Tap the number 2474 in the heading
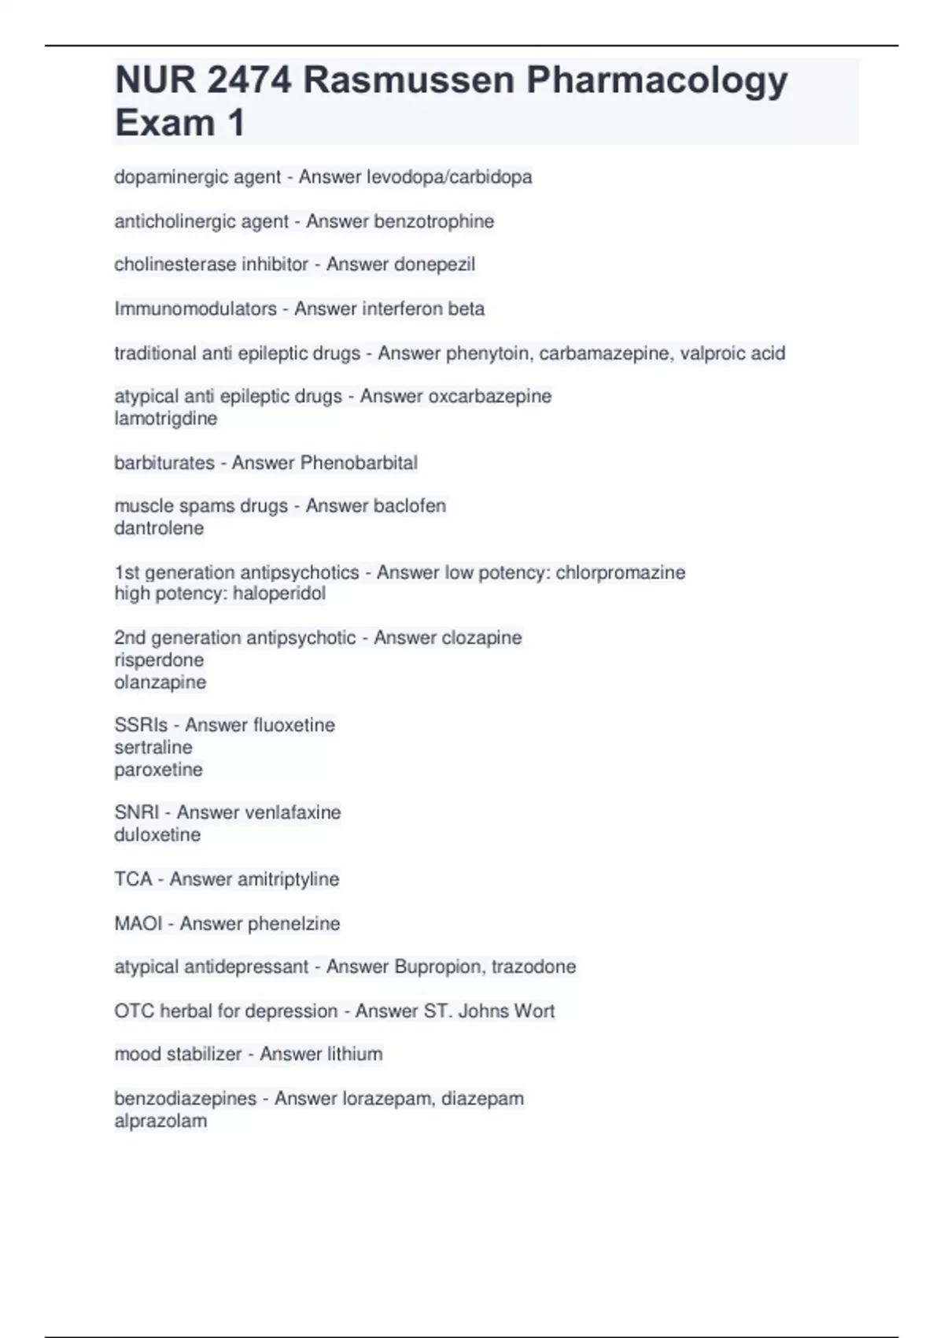(249, 80)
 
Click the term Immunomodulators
(195, 309)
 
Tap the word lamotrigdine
(165, 418)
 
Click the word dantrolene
(158, 528)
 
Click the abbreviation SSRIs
(141, 725)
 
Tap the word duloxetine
(157, 834)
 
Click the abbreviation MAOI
(138, 923)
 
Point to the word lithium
(351, 1054)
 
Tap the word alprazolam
(160, 1121)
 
